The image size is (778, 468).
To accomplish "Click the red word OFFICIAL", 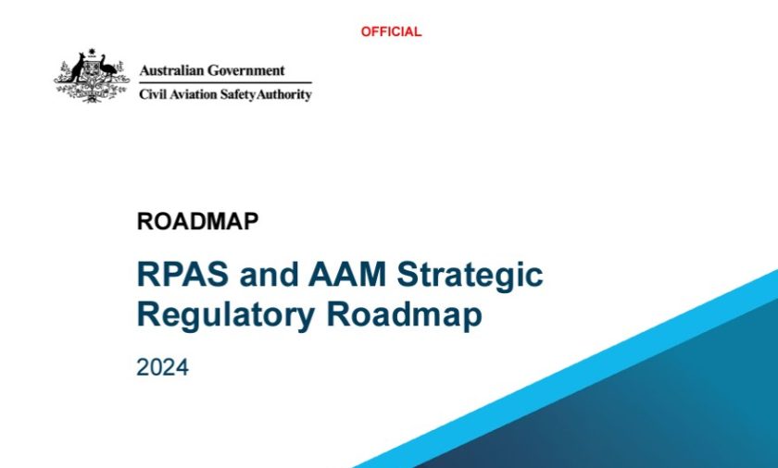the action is (391, 31).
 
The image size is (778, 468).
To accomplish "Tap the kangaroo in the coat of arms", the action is (76, 68).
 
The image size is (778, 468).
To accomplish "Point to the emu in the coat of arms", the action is (107, 67).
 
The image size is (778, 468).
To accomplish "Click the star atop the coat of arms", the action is (92, 51).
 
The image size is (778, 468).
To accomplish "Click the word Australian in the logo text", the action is (171, 70).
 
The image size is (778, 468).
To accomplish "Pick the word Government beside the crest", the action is (246, 70).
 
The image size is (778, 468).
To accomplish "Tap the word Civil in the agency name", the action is (153, 94).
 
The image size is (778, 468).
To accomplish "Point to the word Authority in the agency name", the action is (283, 94).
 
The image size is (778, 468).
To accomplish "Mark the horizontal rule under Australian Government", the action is (225, 82).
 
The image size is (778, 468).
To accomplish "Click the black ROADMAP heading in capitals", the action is (197, 221).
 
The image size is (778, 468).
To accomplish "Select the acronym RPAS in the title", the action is (182, 274).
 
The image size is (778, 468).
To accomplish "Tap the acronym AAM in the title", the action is (346, 274).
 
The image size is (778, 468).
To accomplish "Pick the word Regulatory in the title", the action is (226, 315).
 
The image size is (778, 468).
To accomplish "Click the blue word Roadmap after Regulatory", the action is (404, 315).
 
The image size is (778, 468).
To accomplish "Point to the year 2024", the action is (162, 367).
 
